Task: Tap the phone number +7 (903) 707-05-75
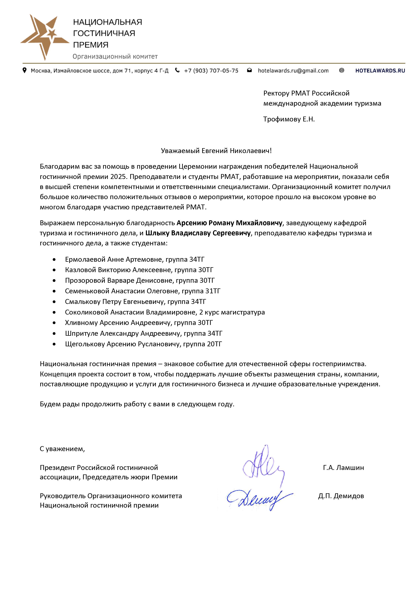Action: tap(211, 71)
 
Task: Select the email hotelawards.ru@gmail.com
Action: tap(293, 71)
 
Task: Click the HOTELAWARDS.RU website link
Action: tap(380, 71)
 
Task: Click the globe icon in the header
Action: tap(342, 70)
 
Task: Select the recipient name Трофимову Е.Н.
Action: tap(289, 119)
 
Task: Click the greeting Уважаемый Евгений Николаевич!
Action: tap(216, 151)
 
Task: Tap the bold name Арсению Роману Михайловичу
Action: tap(229, 223)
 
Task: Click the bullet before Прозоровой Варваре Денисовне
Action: tap(54, 281)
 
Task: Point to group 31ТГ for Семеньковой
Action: tap(213, 291)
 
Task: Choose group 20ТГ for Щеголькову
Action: tap(214, 344)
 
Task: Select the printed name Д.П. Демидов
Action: tap(341, 496)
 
